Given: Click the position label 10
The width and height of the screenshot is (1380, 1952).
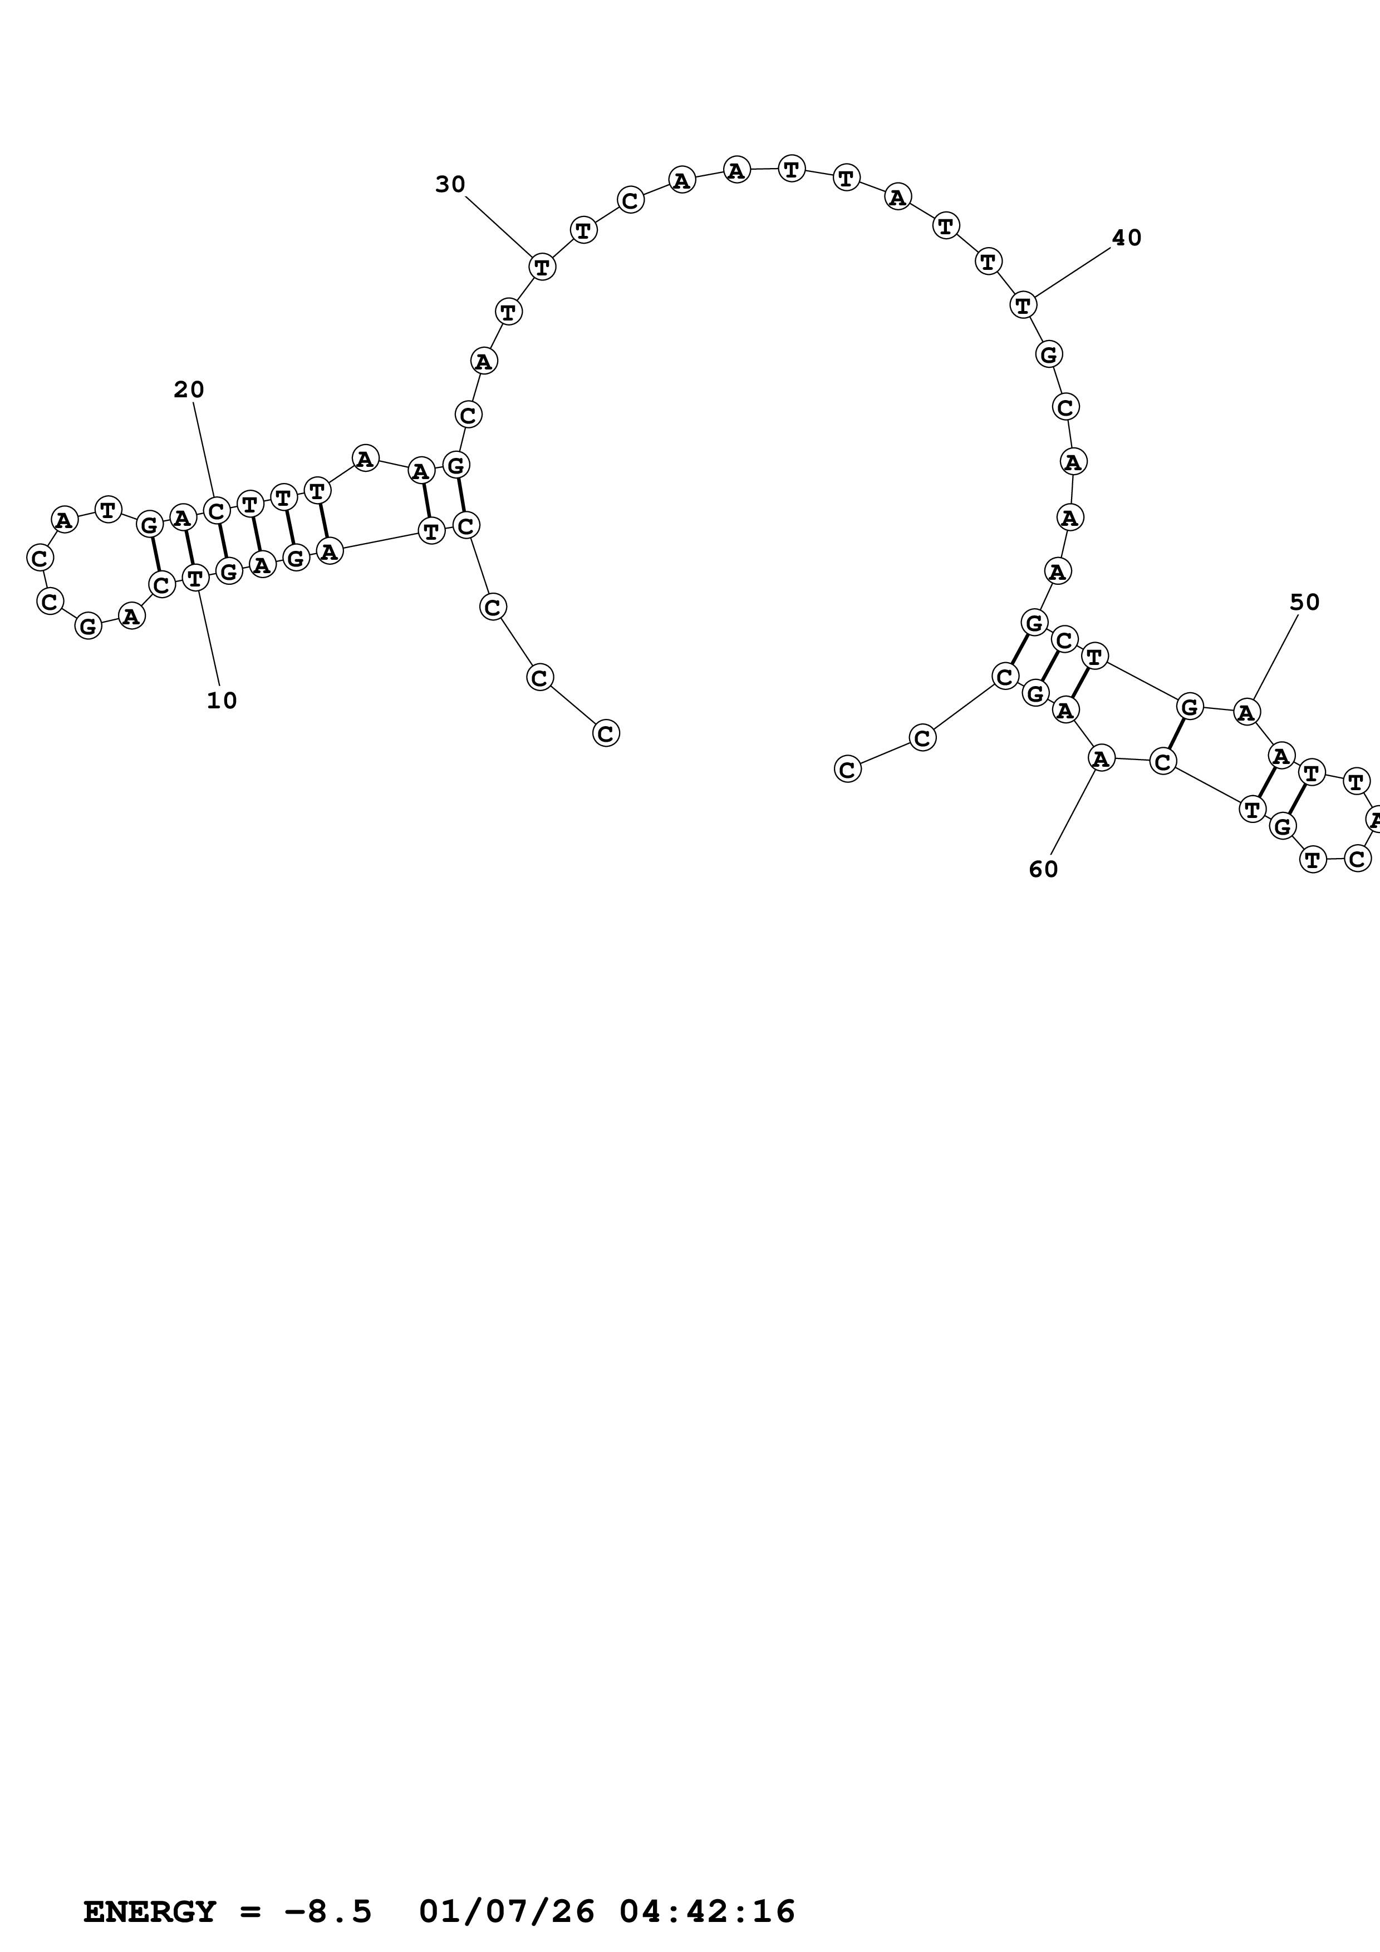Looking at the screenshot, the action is tap(222, 701).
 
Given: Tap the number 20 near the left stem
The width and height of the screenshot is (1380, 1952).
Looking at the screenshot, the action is tap(189, 390).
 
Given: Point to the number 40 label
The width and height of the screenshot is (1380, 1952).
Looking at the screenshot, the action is tap(1127, 238).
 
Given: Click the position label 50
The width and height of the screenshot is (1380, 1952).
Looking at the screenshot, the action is tap(1304, 602).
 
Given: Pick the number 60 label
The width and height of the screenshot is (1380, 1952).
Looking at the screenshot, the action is tap(1043, 869).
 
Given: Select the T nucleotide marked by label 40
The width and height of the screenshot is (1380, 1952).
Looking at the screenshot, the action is tap(1023, 304).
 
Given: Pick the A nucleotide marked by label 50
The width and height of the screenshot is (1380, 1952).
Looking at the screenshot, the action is tap(1246, 712).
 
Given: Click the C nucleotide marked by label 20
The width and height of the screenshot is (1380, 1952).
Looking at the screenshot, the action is tap(216, 512).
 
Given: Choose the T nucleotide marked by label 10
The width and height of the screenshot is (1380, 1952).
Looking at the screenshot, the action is tap(195, 579).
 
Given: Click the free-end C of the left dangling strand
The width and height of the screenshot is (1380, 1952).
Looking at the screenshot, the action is tap(606, 733).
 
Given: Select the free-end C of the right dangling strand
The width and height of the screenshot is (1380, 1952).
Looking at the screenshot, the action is tap(847, 770).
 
